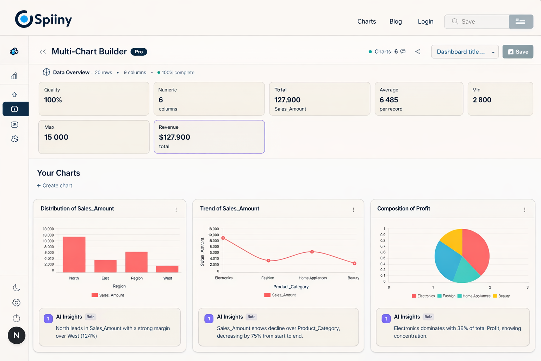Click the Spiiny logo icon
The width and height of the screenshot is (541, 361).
[24, 19]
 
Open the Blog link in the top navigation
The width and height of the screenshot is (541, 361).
[396, 22]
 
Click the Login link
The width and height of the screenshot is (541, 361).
[425, 22]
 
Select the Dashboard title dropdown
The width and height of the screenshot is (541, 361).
[465, 52]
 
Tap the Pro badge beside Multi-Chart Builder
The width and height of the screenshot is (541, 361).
[139, 52]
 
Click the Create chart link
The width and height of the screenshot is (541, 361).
[55, 185]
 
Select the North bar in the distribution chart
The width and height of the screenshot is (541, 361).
[74, 254]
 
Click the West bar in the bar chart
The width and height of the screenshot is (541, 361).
[167, 269]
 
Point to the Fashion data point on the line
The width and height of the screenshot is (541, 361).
[268, 261]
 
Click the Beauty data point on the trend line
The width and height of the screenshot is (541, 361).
[354, 263]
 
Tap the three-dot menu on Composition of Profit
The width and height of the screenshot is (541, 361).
[524, 210]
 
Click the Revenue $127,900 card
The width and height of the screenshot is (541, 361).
[209, 137]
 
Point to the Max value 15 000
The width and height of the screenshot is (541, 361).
[56, 137]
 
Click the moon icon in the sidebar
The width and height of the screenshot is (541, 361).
[16, 288]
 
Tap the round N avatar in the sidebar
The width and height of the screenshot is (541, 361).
[17, 335]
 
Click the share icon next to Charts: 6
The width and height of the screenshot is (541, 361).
[418, 51]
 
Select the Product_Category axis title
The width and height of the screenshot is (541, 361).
[291, 287]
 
